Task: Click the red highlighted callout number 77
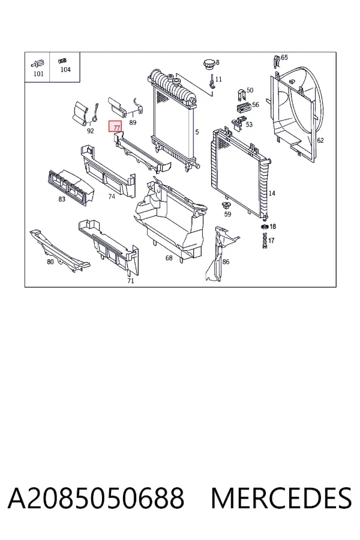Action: (x=115, y=127)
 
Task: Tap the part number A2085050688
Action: (x=96, y=498)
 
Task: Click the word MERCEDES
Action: (x=281, y=498)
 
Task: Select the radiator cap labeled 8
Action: (x=209, y=64)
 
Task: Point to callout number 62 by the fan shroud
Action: (x=320, y=140)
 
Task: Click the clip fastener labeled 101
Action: (x=38, y=64)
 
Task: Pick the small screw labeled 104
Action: (x=62, y=61)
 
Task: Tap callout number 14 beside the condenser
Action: (x=272, y=193)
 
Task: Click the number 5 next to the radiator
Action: (x=197, y=131)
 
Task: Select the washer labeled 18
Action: (x=265, y=227)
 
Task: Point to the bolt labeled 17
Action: (x=264, y=241)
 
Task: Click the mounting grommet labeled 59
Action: (x=226, y=206)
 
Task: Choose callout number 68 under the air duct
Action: (x=169, y=257)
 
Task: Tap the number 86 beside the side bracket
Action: (x=226, y=262)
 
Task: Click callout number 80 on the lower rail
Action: (x=50, y=262)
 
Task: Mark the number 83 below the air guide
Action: (x=62, y=199)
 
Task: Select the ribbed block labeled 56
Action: (x=243, y=107)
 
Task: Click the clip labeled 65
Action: (x=277, y=61)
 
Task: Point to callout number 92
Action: (x=90, y=131)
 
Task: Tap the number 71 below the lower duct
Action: (x=131, y=281)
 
